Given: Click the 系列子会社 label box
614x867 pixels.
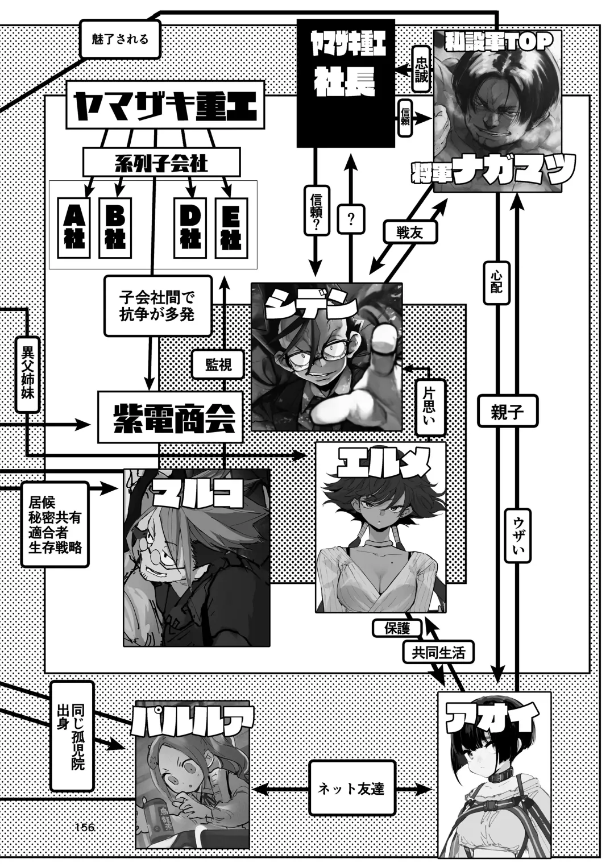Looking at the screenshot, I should click(161, 163).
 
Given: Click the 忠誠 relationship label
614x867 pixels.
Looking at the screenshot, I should click(421, 69).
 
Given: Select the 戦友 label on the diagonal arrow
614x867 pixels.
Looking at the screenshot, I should click(411, 233).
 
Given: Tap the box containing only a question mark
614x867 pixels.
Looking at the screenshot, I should click(351, 219).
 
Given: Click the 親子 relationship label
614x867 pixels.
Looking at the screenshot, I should click(507, 412).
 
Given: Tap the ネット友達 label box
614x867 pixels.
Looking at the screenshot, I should click(351, 789).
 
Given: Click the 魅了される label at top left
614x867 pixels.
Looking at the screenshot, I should click(120, 39).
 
